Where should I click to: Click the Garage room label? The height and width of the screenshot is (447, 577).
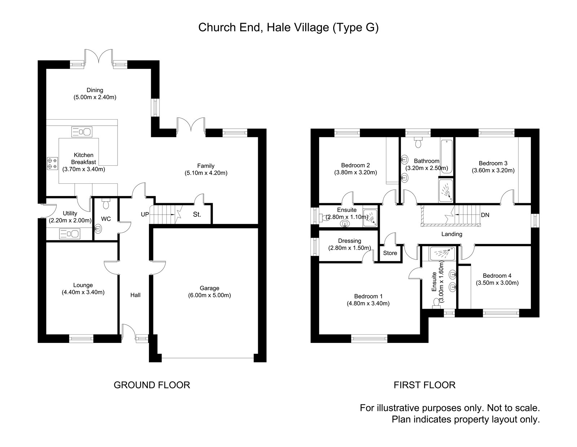[x=209, y=288]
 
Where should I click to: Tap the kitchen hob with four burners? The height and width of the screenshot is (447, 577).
[x=52, y=164]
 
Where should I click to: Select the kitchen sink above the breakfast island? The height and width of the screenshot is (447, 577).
[x=82, y=131]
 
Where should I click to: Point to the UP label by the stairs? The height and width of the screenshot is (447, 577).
[x=145, y=214]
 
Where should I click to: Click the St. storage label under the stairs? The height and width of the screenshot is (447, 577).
[x=197, y=215]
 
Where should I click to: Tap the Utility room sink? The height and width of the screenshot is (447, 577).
[x=70, y=234]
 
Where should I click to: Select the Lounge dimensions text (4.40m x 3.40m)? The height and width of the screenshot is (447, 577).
[x=83, y=292]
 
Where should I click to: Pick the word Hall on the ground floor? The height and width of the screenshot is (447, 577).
[x=135, y=295]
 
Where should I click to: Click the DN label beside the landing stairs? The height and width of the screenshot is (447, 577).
[x=485, y=215]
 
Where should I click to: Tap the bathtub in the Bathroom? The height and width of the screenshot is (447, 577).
[x=446, y=157]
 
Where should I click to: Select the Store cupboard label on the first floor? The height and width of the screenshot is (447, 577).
[x=390, y=253]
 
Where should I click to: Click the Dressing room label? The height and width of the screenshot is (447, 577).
[x=349, y=241]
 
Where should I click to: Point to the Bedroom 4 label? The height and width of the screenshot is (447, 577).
[x=497, y=276]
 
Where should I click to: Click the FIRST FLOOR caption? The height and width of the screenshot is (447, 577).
[x=424, y=385]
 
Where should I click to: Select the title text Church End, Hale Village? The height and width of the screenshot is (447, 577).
[x=288, y=28]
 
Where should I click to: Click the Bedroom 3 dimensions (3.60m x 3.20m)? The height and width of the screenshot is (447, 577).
[x=493, y=170]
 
